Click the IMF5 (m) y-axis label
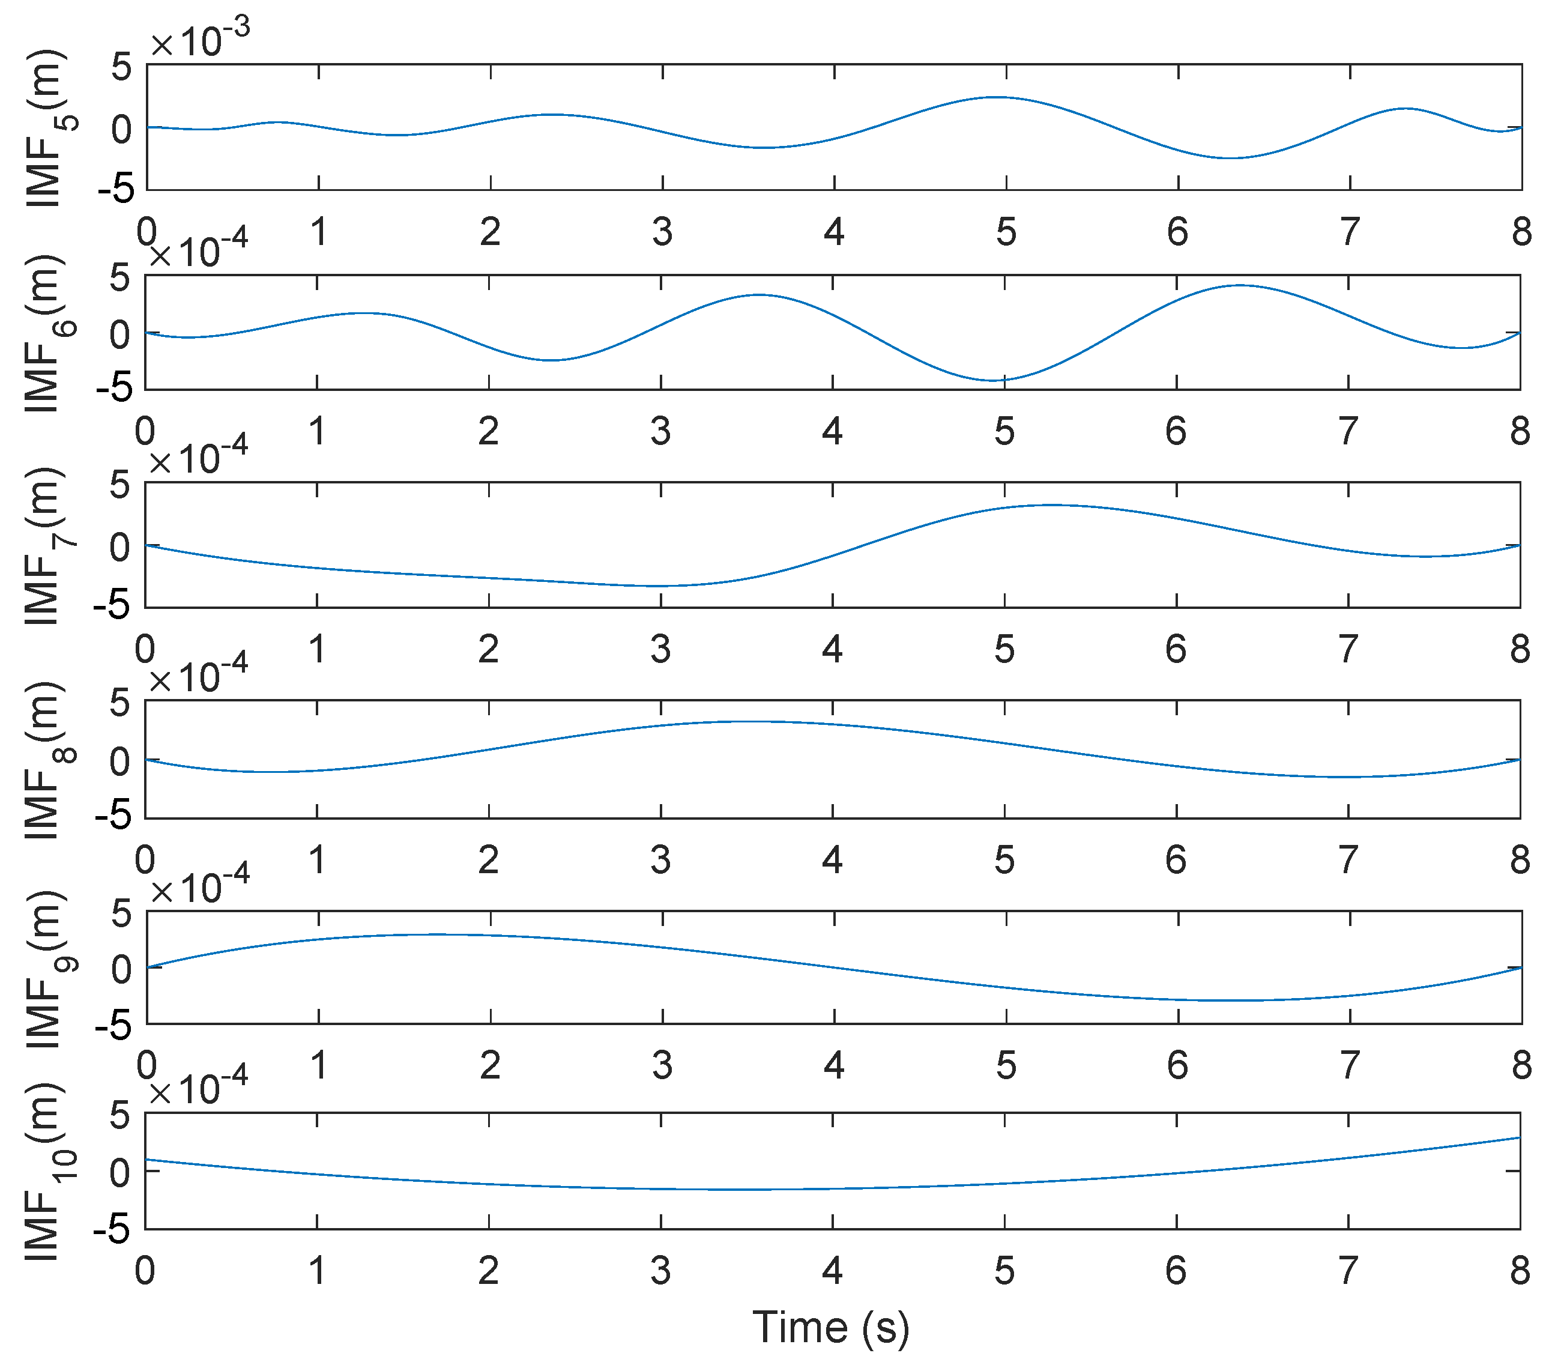point(47,129)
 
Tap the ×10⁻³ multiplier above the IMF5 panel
point(200,40)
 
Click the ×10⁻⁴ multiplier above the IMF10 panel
point(199,1088)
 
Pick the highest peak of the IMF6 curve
point(1240,285)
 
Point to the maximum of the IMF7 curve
point(1053,504)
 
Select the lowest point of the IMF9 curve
point(1229,1000)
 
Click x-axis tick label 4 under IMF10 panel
point(832,1270)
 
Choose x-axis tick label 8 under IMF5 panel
point(1521,231)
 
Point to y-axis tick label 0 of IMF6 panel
point(121,334)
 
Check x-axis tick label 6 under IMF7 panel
point(1176,649)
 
